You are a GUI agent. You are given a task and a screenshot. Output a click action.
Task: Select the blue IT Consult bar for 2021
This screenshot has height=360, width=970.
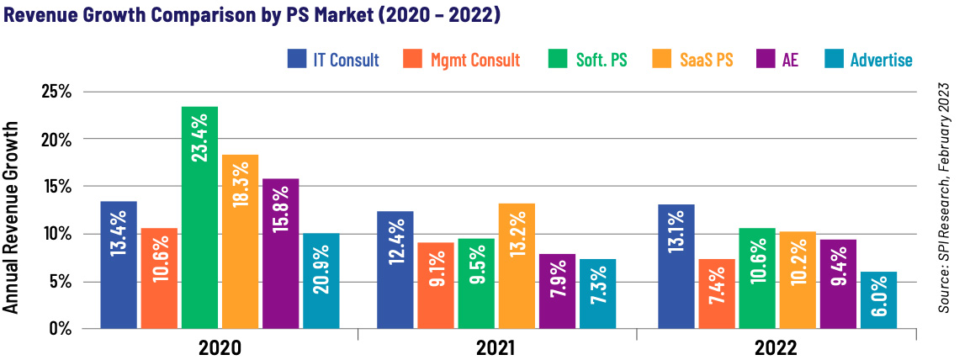coord(395,269)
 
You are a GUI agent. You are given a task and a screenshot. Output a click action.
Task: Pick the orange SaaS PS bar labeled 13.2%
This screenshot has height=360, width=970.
coord(516,265)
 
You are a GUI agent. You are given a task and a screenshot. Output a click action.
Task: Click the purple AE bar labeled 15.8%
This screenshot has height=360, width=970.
coord(280,252)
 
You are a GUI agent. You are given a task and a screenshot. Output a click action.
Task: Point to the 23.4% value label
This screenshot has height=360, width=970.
coord(200,138)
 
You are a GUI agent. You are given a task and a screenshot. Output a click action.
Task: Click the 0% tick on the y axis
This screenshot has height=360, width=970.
coord(59,328)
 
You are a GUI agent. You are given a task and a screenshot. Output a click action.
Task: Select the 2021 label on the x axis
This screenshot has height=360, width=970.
coord(497,347)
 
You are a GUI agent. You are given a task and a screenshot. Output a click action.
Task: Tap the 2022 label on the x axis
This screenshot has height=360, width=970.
coord(775,347)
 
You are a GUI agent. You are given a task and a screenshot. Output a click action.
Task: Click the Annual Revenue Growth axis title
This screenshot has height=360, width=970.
coord(11,217)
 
